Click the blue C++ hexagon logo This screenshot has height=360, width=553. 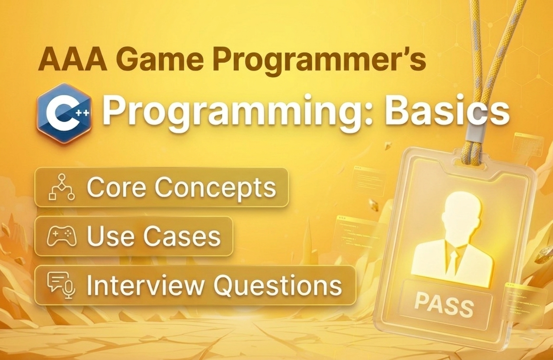64,112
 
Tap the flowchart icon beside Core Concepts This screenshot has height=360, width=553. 61,187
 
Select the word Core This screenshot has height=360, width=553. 115,187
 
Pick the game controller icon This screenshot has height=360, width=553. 61,236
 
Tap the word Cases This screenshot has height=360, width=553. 182,236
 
